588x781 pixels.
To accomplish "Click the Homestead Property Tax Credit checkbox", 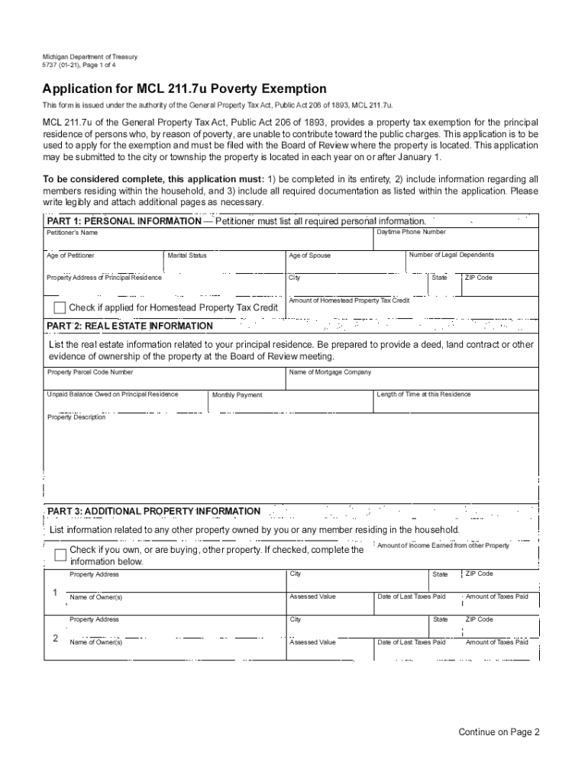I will click(60, 307).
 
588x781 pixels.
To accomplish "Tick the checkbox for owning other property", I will click(61, 554).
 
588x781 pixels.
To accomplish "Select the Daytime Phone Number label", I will click(411, 232).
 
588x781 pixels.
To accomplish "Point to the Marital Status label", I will click(187, 256).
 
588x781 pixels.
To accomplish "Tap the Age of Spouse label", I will click(310, 256).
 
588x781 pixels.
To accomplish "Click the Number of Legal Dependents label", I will click(451, 255).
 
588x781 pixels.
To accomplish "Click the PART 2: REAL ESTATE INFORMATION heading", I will click(130, 326).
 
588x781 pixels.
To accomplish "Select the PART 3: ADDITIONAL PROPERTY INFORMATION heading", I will click(153, 511).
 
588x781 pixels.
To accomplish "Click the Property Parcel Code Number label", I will click(90, 372).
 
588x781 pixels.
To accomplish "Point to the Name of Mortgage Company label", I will click(330, 372).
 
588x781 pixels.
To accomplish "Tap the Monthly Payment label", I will click(237, 395).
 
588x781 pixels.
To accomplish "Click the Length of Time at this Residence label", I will click(424, 394).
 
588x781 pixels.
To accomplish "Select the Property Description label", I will click(76, 417).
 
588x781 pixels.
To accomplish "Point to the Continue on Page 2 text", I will click(499, 732).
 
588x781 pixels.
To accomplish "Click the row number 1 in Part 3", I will click(55, 593).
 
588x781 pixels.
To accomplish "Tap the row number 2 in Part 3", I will click(55, 638).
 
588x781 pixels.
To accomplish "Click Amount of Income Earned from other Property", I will click(443, 545).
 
